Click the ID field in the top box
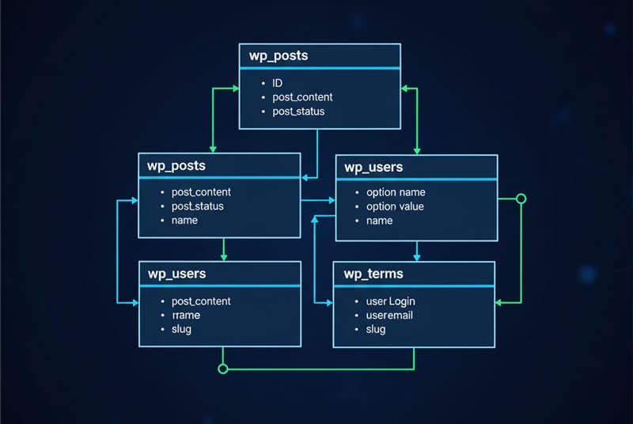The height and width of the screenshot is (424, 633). coord(278,82)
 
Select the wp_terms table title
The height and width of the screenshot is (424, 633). coord(373,274)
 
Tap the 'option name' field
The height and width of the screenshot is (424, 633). coord(396,192)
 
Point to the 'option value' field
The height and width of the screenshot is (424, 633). coord(395,206)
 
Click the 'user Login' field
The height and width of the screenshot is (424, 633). coord(390,301)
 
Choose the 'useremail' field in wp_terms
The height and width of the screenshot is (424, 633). coord(389,315)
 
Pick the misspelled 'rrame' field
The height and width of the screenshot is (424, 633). coord(186,315)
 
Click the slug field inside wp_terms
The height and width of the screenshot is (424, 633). coord(376,328)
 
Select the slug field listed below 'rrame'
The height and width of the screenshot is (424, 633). coord(181,328)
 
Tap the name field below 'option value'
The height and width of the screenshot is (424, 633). coord(379,221)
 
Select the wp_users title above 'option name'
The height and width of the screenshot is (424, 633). coord(373,167)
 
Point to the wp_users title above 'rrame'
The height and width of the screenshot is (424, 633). coord(176,274)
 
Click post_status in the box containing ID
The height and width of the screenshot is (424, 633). coord(298,112)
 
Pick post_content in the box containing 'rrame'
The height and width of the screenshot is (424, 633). coord(201,301)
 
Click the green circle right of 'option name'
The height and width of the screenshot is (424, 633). coord(521,199)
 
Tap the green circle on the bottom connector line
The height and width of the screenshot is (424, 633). coord(222,369)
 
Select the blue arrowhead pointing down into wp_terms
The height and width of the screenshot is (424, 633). coord(417,257)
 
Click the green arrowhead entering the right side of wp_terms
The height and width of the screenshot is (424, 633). coord(499,302)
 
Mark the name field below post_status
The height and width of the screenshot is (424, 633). coord(184,220)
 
